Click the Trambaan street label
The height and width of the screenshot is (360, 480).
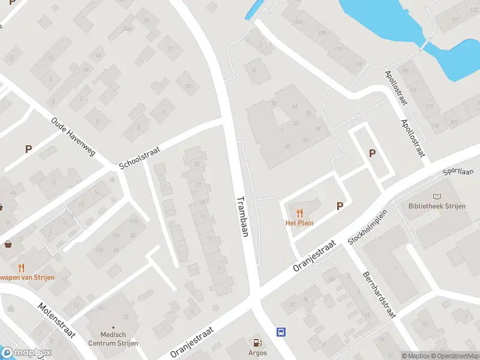(242, 217)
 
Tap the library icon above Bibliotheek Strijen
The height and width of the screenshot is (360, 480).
(437, 196)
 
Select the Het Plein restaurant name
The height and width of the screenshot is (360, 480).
(299, 223)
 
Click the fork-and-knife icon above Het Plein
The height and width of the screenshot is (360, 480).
(299, 212)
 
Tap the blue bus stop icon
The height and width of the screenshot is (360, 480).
(281, 331)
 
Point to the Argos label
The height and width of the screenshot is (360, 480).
(258, 353)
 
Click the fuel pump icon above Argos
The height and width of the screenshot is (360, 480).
(258, 343)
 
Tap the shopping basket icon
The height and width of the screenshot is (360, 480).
(9, 244)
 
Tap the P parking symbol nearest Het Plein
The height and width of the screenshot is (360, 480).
(340, 206)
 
